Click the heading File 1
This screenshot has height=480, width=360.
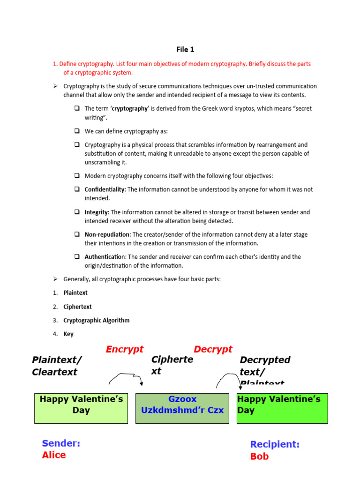coord(185,49)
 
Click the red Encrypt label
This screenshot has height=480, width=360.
coord(125,349)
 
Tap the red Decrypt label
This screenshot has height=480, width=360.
coord(213,349)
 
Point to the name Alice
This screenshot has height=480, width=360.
coord(54,455)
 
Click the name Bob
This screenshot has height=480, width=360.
coord(259,456)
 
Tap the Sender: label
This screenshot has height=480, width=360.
coord(61,443)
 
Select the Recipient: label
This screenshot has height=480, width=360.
coord(275,444)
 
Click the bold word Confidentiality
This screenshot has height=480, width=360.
coord(105,189)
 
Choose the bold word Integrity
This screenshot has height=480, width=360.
coord(96,212)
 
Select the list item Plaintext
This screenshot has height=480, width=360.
coord(75,292)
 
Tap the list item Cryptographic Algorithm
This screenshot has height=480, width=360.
coord(97,320)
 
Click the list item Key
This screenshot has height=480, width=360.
coord(68,334)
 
